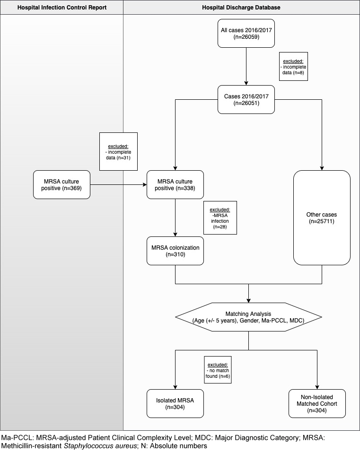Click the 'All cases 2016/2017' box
(246, 34)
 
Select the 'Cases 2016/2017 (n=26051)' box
(246, 100)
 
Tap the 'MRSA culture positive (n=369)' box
(61, 185)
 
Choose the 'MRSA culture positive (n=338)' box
(176, 185)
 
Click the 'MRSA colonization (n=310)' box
(176, 251)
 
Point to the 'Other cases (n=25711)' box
(322, 218)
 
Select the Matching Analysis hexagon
(248, 317)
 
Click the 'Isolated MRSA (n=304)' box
(176, 403)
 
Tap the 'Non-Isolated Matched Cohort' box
(317, 403)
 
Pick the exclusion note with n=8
(294, 66)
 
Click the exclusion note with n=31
(118, 151)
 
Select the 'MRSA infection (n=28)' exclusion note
(220, 218)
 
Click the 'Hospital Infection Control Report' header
(61, 7)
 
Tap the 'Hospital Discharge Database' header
(241, 7)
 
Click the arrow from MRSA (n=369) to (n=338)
(118, 185)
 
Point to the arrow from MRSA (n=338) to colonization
(176, 218)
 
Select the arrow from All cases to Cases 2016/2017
(246, 66)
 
